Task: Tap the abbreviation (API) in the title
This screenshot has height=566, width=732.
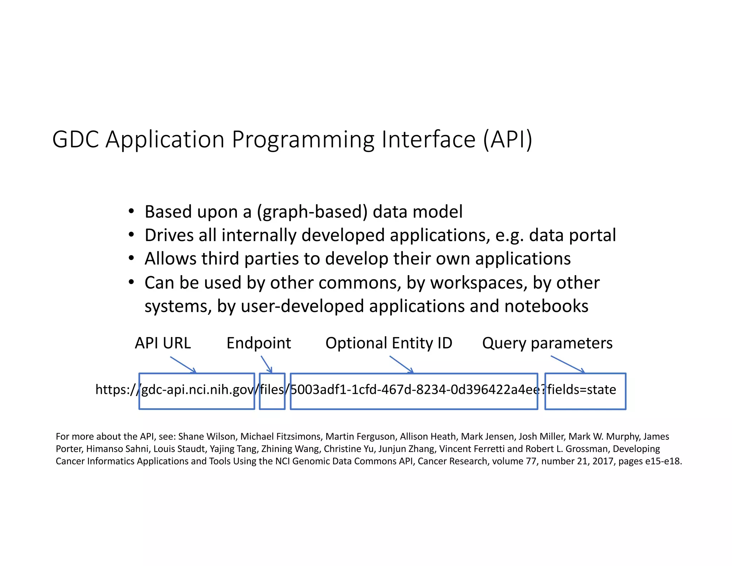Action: (x=508, y=139)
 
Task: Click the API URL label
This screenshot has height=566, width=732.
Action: (x=163, y=343)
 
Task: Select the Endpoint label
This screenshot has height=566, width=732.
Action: (x=259, y=343)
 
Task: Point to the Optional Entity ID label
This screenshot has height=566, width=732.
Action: (x=389, y=343)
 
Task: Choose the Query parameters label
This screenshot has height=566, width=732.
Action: (x=547, y=343)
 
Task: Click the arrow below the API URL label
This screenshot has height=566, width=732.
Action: (x=183, y=365)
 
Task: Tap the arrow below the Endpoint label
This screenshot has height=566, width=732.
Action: (x=266, y=364)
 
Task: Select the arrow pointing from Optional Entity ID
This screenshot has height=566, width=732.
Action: (x=401, y=364)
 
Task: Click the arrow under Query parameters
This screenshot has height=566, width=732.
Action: (x=568, y=364)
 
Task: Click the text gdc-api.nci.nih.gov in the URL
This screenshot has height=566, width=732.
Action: (x=198, y=389)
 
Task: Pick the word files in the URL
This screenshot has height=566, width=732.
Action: (x=272, y=389)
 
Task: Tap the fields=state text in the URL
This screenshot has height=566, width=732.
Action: (x=582, y=389)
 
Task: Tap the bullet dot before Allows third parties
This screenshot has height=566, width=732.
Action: (x=132, y=258)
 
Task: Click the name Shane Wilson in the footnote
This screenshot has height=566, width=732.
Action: (x=207, y=436)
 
